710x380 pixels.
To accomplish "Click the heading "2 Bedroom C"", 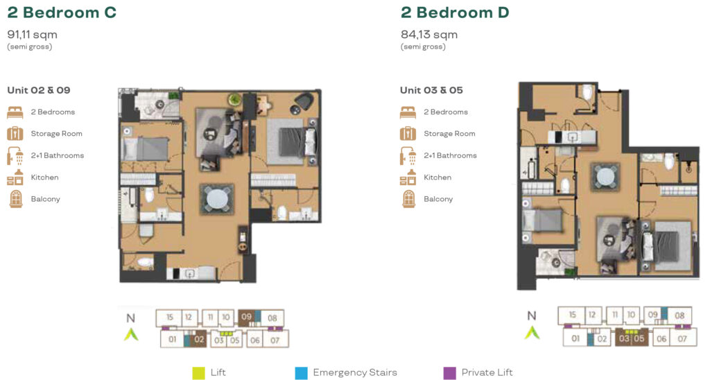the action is point(62,12).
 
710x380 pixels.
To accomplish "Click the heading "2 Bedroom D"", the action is point(455,12).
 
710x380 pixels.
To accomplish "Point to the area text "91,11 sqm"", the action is point(32,35).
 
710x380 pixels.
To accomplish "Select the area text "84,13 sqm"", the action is point(428,35).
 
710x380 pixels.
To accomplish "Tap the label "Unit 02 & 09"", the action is point(39,90).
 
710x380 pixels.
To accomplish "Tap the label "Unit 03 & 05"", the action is point(431,90).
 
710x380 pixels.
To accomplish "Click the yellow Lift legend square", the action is point(198,373).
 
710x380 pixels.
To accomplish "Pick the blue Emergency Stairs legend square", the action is point(301,373).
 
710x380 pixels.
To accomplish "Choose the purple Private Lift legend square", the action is point(449,373).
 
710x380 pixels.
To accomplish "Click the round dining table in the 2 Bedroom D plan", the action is point(605,177).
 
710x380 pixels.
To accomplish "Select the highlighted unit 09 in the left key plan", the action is point(246,317).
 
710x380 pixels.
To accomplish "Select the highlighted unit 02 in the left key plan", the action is point(199,339).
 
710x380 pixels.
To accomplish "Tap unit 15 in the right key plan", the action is point(573,316).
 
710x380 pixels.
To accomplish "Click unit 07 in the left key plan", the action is point(275,340).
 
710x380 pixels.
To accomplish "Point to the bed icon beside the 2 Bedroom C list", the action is point(15,112).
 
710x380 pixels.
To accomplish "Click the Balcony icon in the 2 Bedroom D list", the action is point(408,199).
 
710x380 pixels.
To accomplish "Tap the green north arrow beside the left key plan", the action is point(131,334).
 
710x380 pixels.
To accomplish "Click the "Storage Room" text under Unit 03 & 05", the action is point(449,134).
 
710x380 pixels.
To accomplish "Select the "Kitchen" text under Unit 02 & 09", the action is point(44,177).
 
